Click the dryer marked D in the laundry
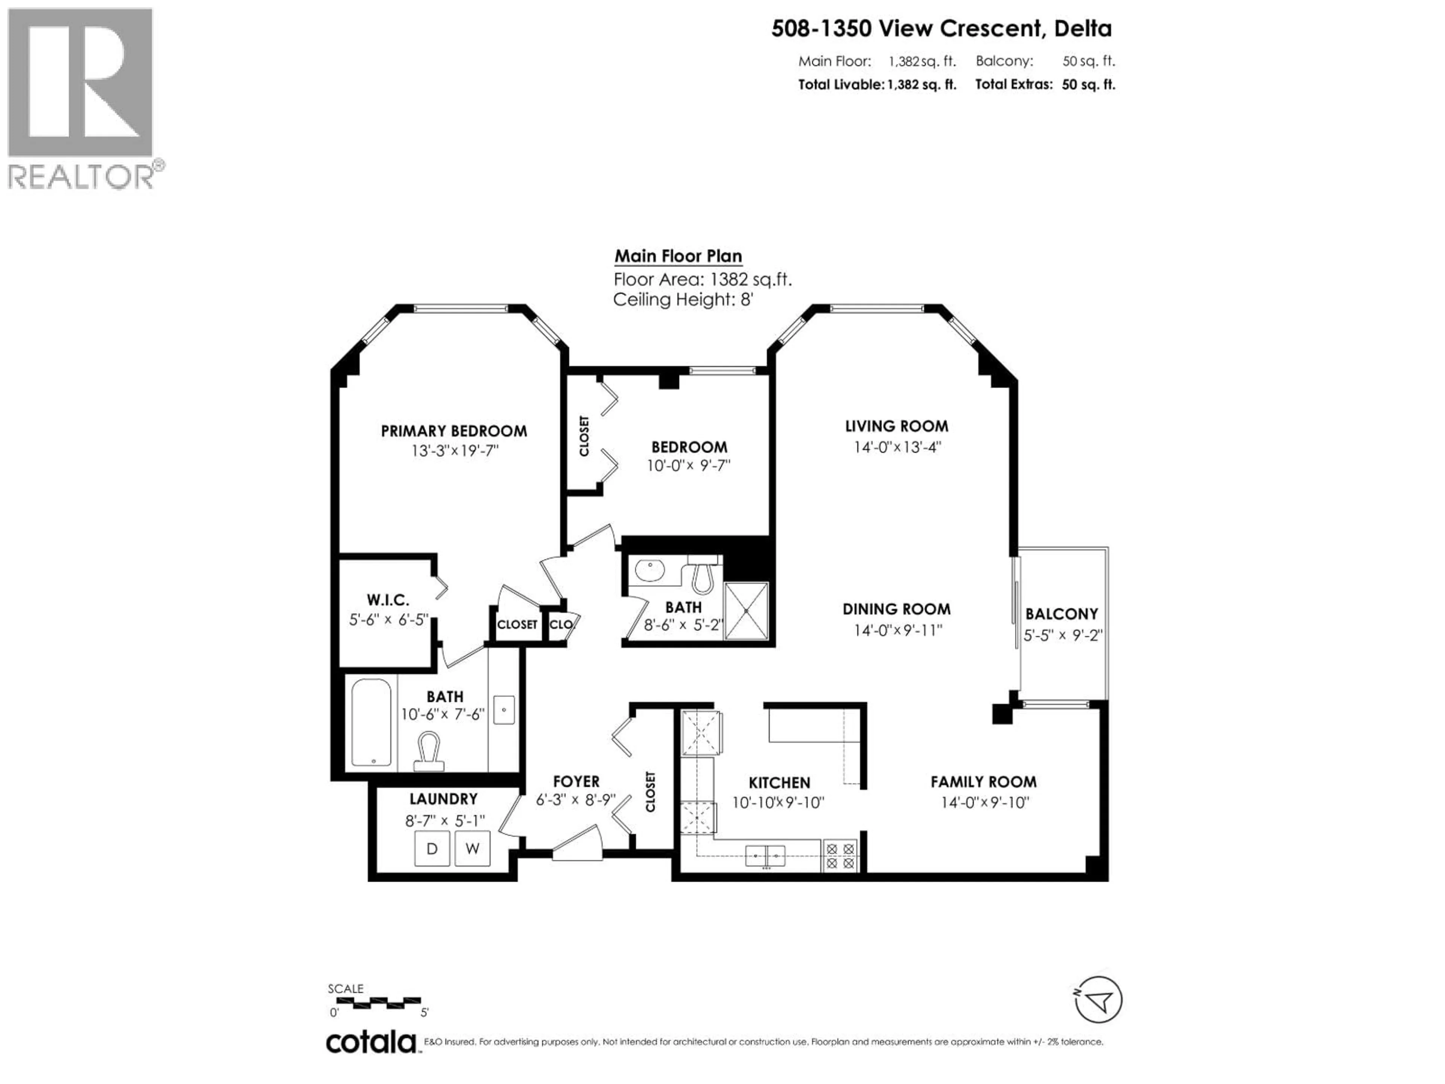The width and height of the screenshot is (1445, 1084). pos(432,849)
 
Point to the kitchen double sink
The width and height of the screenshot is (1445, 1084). pos(766,855)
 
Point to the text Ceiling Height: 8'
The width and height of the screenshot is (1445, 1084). pos(683,300)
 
